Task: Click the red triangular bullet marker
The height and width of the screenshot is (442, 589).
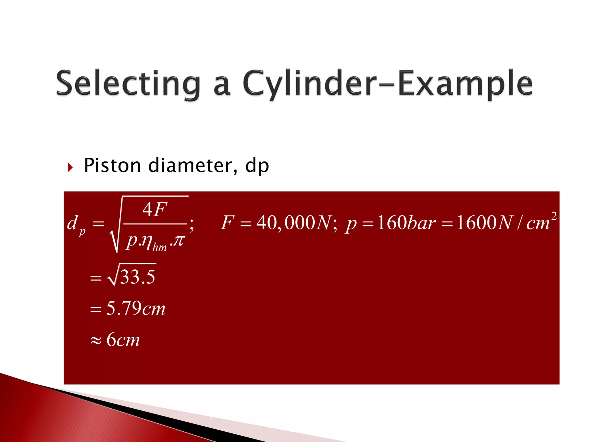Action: click(x=70, y=167)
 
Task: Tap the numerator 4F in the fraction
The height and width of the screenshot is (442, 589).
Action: click(x=155, y=209)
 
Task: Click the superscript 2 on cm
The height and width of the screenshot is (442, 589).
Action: click(x=554, y=216)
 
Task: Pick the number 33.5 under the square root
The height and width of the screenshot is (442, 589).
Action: click(x=138, y=277)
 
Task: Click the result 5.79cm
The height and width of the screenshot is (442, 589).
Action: click(x=136, y=308)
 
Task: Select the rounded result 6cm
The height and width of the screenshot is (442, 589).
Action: click(x=123, y=340)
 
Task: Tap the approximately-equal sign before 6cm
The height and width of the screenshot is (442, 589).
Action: click(x=96, y=341)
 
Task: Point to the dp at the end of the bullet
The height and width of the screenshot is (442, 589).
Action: click(x=257, y=166)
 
